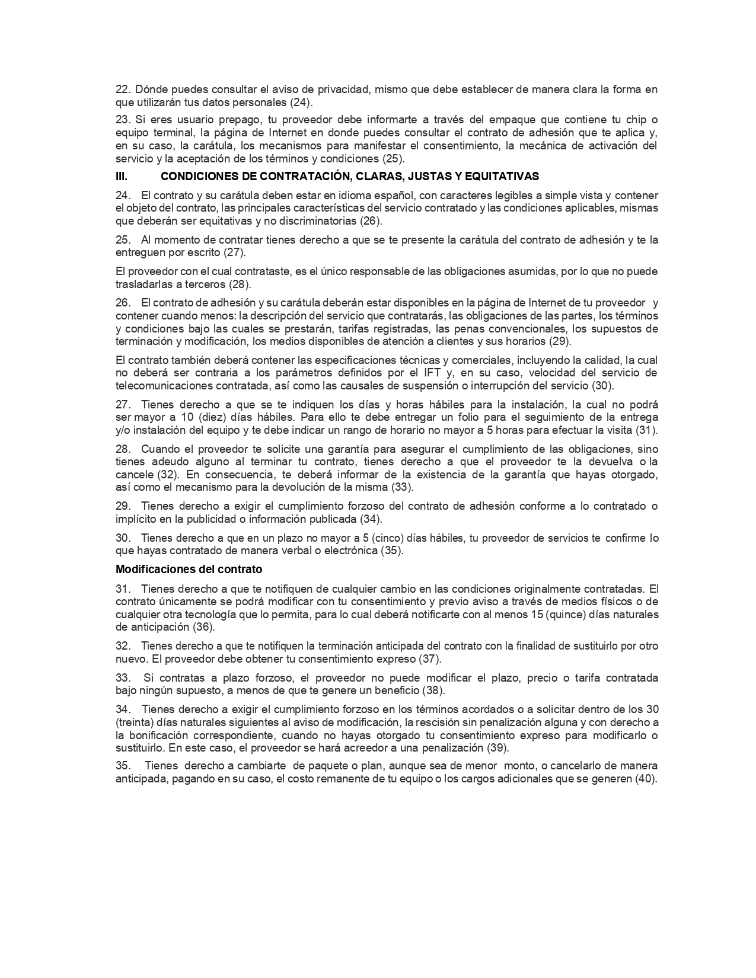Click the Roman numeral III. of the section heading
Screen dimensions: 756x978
click(121, 176)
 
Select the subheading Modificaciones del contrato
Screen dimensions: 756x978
click(189, 570)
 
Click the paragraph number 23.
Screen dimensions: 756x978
click(123, 120)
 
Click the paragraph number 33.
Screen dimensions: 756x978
click(123, 678)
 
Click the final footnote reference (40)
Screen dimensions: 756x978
click(646, 779)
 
